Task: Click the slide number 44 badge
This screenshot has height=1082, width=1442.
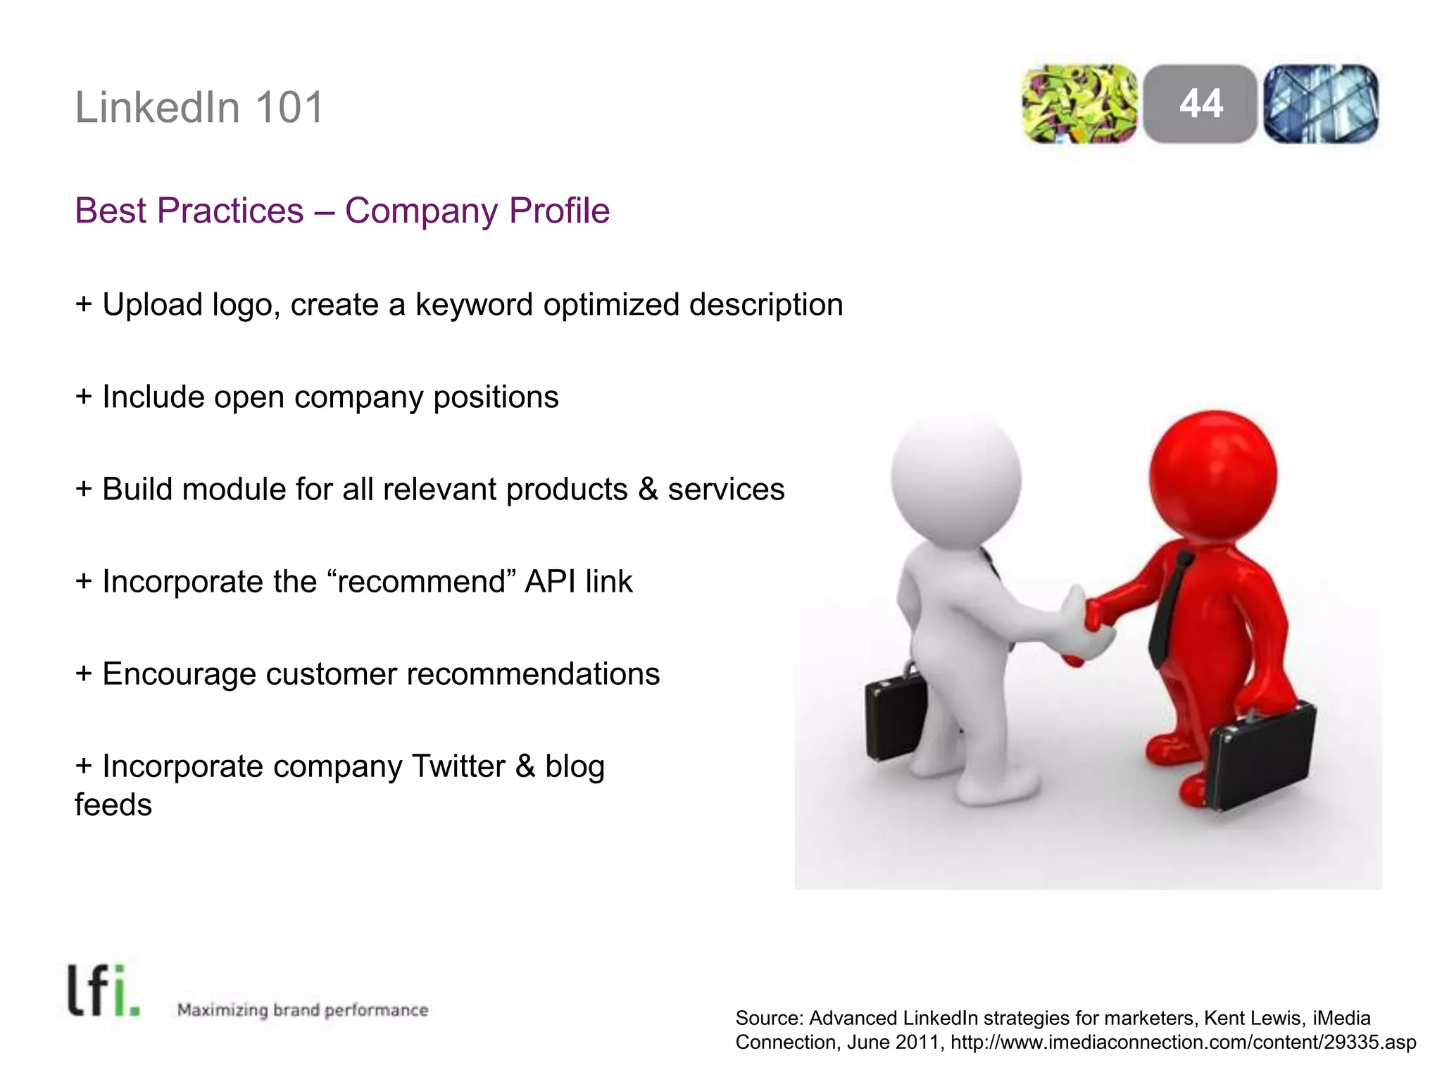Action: (x=1200, y=104)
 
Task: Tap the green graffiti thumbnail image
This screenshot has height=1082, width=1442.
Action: (x=1079, y=104)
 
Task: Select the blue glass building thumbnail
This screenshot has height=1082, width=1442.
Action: (x=1321, y=104)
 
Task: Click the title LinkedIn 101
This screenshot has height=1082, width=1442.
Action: (x=199, y=108)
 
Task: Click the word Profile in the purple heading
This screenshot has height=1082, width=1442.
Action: (x=559, y=211)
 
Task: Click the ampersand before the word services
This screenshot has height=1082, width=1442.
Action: (x=648, y=490)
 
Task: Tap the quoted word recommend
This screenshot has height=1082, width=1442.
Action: (x=422, y=582)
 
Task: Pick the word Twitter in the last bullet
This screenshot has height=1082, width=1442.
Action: (x=458, y=766)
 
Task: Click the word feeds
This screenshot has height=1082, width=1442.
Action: (x=113, y=805)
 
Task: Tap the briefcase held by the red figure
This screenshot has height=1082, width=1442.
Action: (x=1260, y=757)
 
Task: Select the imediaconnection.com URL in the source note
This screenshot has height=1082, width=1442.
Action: (x=1183, y=1043)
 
